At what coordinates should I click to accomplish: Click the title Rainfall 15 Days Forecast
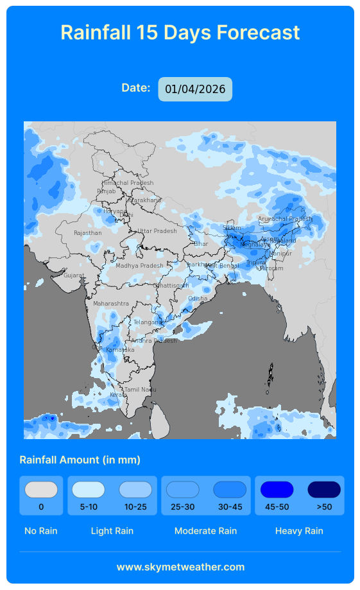180,32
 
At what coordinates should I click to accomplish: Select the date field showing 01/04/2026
195,89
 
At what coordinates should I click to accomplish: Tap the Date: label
136,88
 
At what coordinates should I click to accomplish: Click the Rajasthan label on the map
87,233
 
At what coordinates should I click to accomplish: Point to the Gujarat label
74,275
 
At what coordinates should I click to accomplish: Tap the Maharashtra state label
110,303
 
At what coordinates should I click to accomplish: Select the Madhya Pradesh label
139,266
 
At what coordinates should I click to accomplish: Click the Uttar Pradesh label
157,231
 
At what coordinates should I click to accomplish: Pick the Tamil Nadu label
140,390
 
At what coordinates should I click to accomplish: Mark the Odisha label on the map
198,299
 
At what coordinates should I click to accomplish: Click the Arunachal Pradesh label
285,219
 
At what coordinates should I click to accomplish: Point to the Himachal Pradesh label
128,183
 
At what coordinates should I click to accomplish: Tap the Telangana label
148,322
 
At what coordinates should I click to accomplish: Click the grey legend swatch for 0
41,490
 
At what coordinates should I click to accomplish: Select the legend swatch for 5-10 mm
89,490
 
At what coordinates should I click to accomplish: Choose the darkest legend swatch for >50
324,490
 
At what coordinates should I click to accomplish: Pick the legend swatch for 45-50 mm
277,490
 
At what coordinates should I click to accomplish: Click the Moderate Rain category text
205,531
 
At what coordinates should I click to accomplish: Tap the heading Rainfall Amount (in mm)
80,460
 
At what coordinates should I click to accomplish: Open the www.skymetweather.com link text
180,567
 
